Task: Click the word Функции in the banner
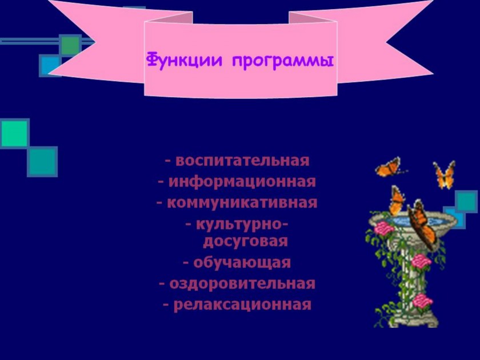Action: pyautogui.click(x=184, y=61)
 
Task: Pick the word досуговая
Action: pyautogui.click(x=246, y=242)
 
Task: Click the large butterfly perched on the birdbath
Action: pyautogui.click(x=422, y=225)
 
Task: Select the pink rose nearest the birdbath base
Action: pyautogui.click(x=422, y=301)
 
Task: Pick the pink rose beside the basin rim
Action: pyautogui.click(x=384, y=229)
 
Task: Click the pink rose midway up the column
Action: pyautogui.click(x=421, y=262)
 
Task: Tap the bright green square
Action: pyautogui.click(x=15, y=134)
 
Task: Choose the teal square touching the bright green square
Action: pyautogui.click(x=42, y=162)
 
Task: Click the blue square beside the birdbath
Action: pyautogui.click(x=454, y=218)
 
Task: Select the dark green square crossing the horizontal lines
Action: pyautogui.click(x=70, y=46)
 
